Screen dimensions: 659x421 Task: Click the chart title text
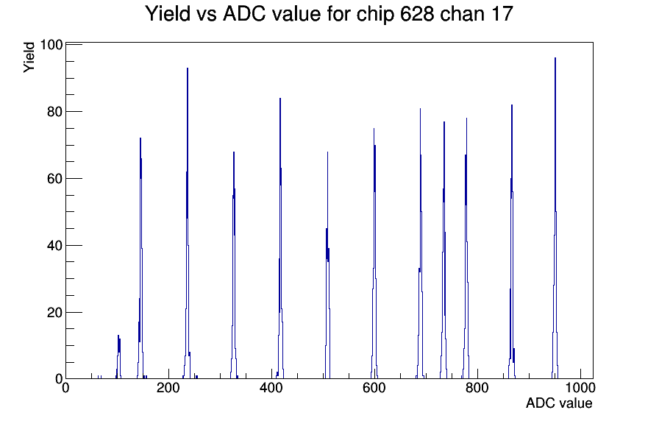[x=329, y=13]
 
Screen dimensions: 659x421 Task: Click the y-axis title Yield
[x=29, y=57]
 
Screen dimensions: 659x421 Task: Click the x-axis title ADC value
[x=559, y=403]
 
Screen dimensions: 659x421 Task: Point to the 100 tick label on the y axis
[x=51, y=45]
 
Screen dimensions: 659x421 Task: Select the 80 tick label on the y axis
[x=54, y=111]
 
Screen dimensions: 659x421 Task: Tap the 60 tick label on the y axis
[x=54, y=178]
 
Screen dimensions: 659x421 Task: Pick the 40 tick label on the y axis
[x=54, y=245]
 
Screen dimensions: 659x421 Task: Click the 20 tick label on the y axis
[x=54, y=313]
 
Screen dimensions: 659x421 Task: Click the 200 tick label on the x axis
[x=168, y=387]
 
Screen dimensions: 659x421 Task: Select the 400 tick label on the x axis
[x=271, y=387]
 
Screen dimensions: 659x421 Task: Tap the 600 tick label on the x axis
[x=374, y=387]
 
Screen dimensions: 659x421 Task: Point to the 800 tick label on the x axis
[x=477, y=387]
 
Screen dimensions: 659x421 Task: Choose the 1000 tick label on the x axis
[x=580, y=387]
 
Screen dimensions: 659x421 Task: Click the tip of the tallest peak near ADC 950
[x=555, y=58]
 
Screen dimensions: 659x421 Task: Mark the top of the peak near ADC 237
[x=188, y=68]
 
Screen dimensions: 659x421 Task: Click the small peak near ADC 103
[x=118, y=336]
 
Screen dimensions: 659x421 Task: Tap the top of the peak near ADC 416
[x=280, y=99]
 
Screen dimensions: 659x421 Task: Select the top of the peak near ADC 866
[x=512, y=105]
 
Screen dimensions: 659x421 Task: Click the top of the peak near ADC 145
[x=140, y=138]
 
